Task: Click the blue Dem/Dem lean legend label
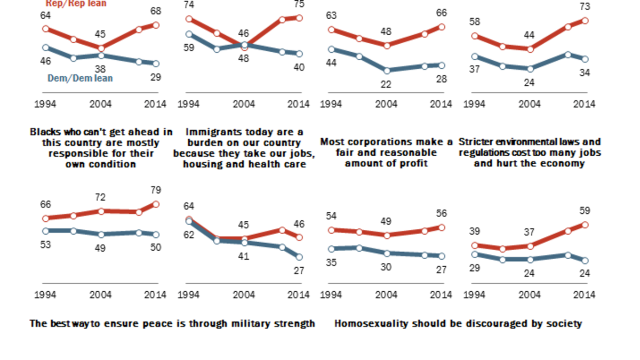pyautogui.click(x=80, y=78)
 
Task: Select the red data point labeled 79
pyautogui.click(x=156, y=204)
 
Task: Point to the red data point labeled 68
pyautogui.click(x=156, y=25)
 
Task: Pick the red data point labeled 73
pyautogui.click(x=585, y=20)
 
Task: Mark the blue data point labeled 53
pyautogui.click(x=46, y=231)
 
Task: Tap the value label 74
pyautogui.click(x=189, y=5)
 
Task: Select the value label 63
pyautogui.click(x=332, y=15)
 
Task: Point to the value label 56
pyautogui.click(x=441, y=213)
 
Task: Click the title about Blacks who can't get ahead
pyautogui.click(x=101, y=148)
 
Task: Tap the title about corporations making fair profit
pyautogui.click(x=387, y=153)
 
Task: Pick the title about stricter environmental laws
pyautogui.click(x=530, y=153)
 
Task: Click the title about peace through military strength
pyautogui.click(x=172, y=324)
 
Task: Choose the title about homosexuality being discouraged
pyautogui.click(x=458, y=324)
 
